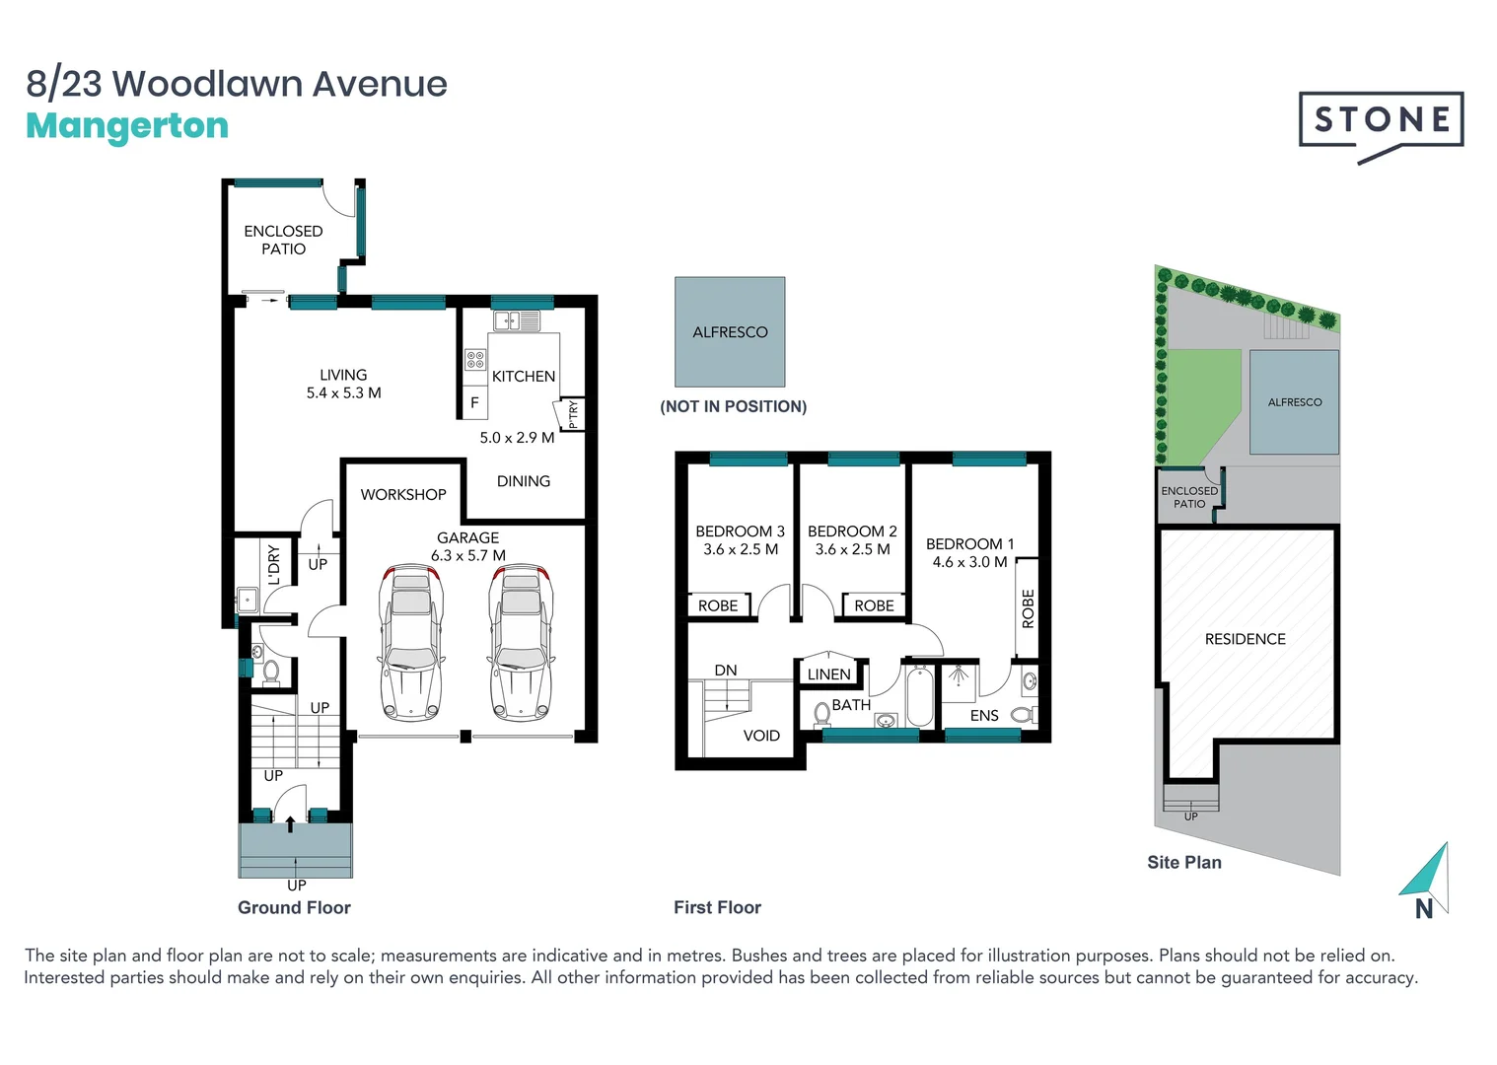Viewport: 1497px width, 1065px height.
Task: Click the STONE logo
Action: (x=1381, y=121)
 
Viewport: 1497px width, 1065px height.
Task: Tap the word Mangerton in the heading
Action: (x=127, y=126)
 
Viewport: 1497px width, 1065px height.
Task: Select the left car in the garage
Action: (x=411, y=642)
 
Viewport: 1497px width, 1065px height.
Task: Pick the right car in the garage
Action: (x=521, y=642)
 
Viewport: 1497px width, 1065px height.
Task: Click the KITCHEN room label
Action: (x=524, y=377)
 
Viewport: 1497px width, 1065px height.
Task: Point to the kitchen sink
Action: (x=517, y=320)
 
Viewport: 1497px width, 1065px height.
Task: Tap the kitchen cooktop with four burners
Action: (x=475, y=359)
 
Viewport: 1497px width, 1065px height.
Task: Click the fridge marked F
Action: (x=474, y=402)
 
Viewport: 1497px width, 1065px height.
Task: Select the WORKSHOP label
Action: (x=403, y=495)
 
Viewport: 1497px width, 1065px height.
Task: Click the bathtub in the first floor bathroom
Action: (x=919, y=695)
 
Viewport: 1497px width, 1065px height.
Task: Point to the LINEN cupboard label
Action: (x=828, y=674)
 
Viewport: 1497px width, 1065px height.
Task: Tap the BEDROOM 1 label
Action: (x=969, y=544)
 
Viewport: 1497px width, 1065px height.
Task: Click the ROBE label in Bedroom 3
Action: (x=718, y=605)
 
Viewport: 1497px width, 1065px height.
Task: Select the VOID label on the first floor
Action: (x=761, y=736)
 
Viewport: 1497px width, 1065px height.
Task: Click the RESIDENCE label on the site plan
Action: (x=1245, y=639)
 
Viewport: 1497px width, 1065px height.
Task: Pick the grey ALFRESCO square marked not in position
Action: (x=730, y=332)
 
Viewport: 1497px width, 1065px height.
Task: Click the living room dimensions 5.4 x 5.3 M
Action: (x=343, y=392)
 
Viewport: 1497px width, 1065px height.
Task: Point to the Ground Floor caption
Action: (x=294, y=907)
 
